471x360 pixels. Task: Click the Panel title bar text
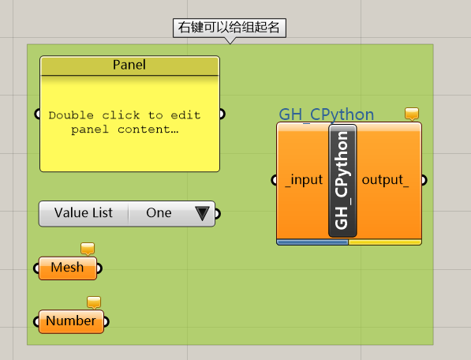point(129,65)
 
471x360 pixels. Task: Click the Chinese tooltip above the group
point(230,28)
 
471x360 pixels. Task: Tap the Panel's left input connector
point(37,114)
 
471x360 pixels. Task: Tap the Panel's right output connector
point(222,114)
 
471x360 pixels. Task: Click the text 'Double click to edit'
point(125,115)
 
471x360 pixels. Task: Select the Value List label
point(84,212)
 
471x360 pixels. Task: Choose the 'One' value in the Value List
point(159,212)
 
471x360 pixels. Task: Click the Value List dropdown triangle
point(202,213)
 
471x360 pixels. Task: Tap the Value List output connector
point(218,214)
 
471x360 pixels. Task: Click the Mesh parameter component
point(68,268)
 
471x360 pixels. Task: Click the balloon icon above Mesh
point(88,249)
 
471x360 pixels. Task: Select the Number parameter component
point(71,321)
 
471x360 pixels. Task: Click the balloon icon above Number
point(94,302)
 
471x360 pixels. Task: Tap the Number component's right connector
point(107,321)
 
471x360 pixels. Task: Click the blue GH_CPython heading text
point(326,114)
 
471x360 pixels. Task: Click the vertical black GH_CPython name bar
point(342,181)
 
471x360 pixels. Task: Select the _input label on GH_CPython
point(304,180)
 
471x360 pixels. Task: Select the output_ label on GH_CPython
point(385,180)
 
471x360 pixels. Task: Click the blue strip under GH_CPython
point(312,242)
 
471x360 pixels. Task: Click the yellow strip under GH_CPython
point(385,242)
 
